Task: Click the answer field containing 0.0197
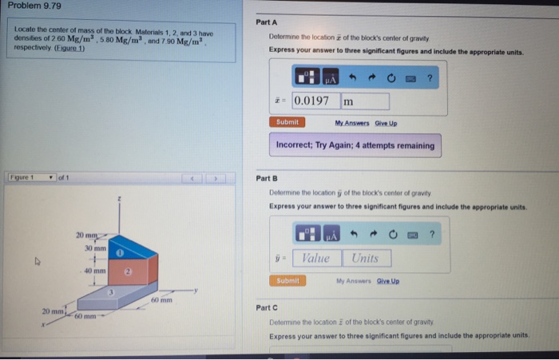click(x=315, y=101)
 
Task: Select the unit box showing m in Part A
click(x=365, y=101)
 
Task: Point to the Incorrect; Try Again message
click(x=355, y=145)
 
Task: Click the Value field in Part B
click(x=316, y=258)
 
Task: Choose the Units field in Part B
click(x=366, y=258)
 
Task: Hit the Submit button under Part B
click(x=287, y=280)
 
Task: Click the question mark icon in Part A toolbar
click(x=429, y=77)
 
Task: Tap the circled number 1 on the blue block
click(x=117, y=252)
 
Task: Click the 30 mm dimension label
click(x=94, y=248)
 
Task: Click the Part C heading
click(x=267, y=307)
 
